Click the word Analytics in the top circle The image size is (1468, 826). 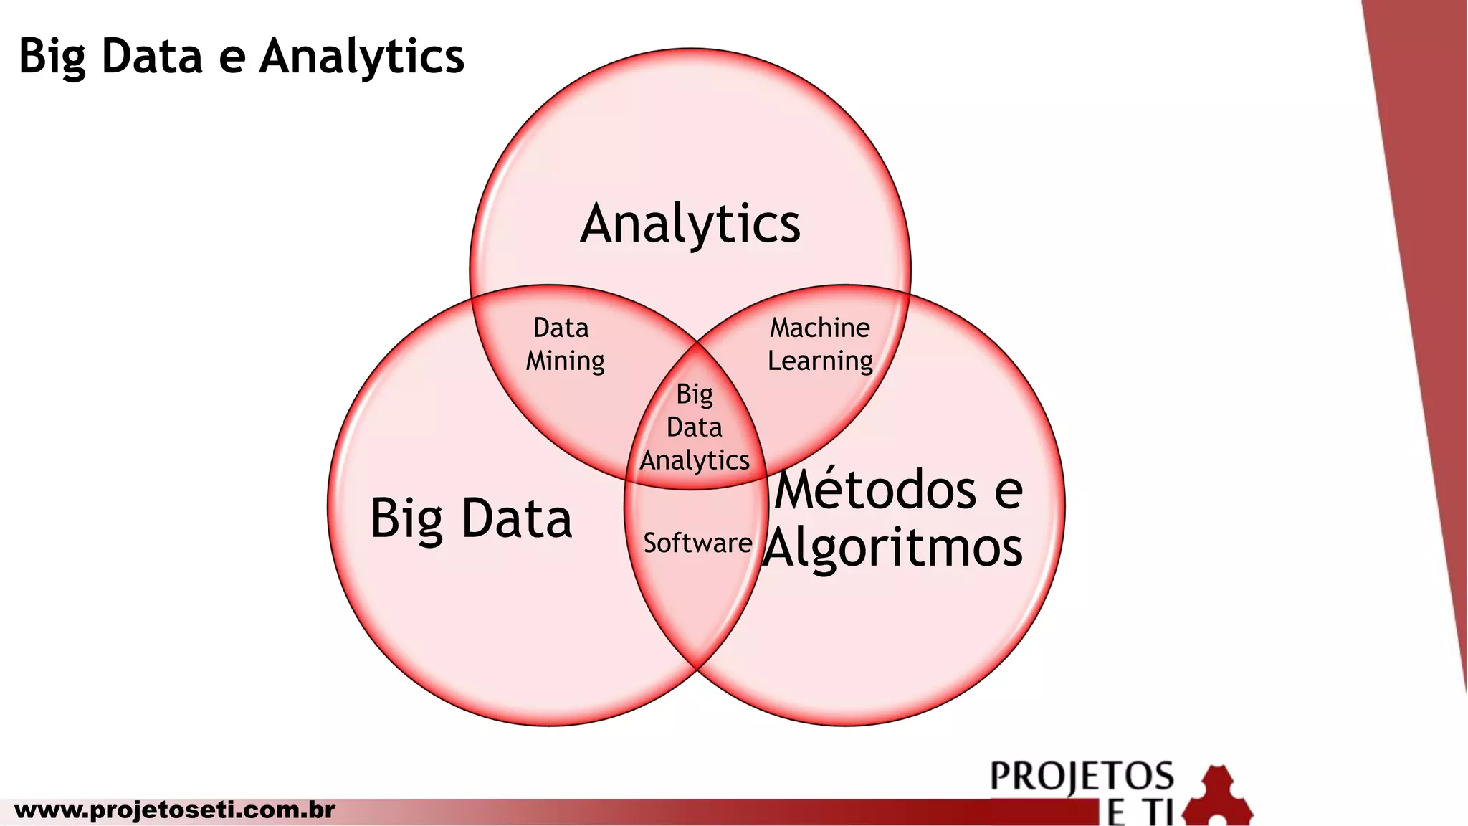(x=690, y=224)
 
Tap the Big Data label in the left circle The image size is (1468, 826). (x=471, y=518)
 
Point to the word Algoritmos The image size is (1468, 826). (x=893, y=549)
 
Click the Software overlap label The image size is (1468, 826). (x=697, y=543)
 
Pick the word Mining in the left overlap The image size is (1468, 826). (x=565, y=361)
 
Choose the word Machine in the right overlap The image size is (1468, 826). (x=819, y=328)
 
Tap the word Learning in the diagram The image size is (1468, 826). (x=820, y=361)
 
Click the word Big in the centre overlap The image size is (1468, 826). (x=695, y=394)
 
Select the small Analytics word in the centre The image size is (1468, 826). (x=695, y=460)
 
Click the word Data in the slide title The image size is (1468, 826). (x=152, y=56)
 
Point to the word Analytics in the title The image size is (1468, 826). (x=362, y=56)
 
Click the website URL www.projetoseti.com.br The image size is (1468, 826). (x=175, y=810)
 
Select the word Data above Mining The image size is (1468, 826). (x=561, y=328)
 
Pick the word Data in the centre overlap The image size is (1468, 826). (x=694, y=427)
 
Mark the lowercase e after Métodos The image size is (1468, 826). (x=1008, y=490)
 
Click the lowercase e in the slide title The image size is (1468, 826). (x=232, y=57)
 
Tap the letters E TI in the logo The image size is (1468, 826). (x=1140, y=814)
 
